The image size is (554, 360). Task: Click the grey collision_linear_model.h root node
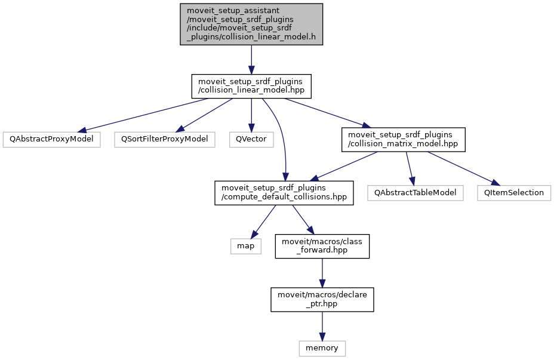[251, 24]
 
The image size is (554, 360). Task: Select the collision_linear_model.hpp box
[251, 85]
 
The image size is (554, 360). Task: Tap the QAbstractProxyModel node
[51, 139]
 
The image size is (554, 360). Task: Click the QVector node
[251, 139]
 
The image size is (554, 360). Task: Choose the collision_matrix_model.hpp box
[403, 139]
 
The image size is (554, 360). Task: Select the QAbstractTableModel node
[415, 193]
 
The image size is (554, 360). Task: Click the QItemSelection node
[513, 193]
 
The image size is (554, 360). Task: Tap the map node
[246, 246]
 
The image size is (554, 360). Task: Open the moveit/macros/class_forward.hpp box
[322, 246]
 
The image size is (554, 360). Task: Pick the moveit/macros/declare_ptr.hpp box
[322, 299]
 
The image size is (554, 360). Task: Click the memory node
[322, 347]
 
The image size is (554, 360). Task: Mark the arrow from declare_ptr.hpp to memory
[322, 325]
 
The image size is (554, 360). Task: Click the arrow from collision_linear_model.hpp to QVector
[251, 113]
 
